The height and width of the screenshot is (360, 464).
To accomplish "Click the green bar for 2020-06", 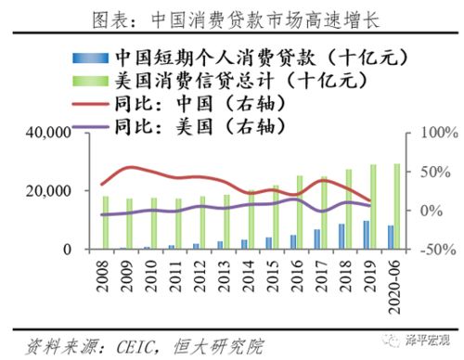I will [x=398, y=206].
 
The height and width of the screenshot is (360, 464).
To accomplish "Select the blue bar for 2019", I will [x=366, y=235].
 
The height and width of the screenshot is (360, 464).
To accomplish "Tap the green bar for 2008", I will [x=106, y=223].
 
